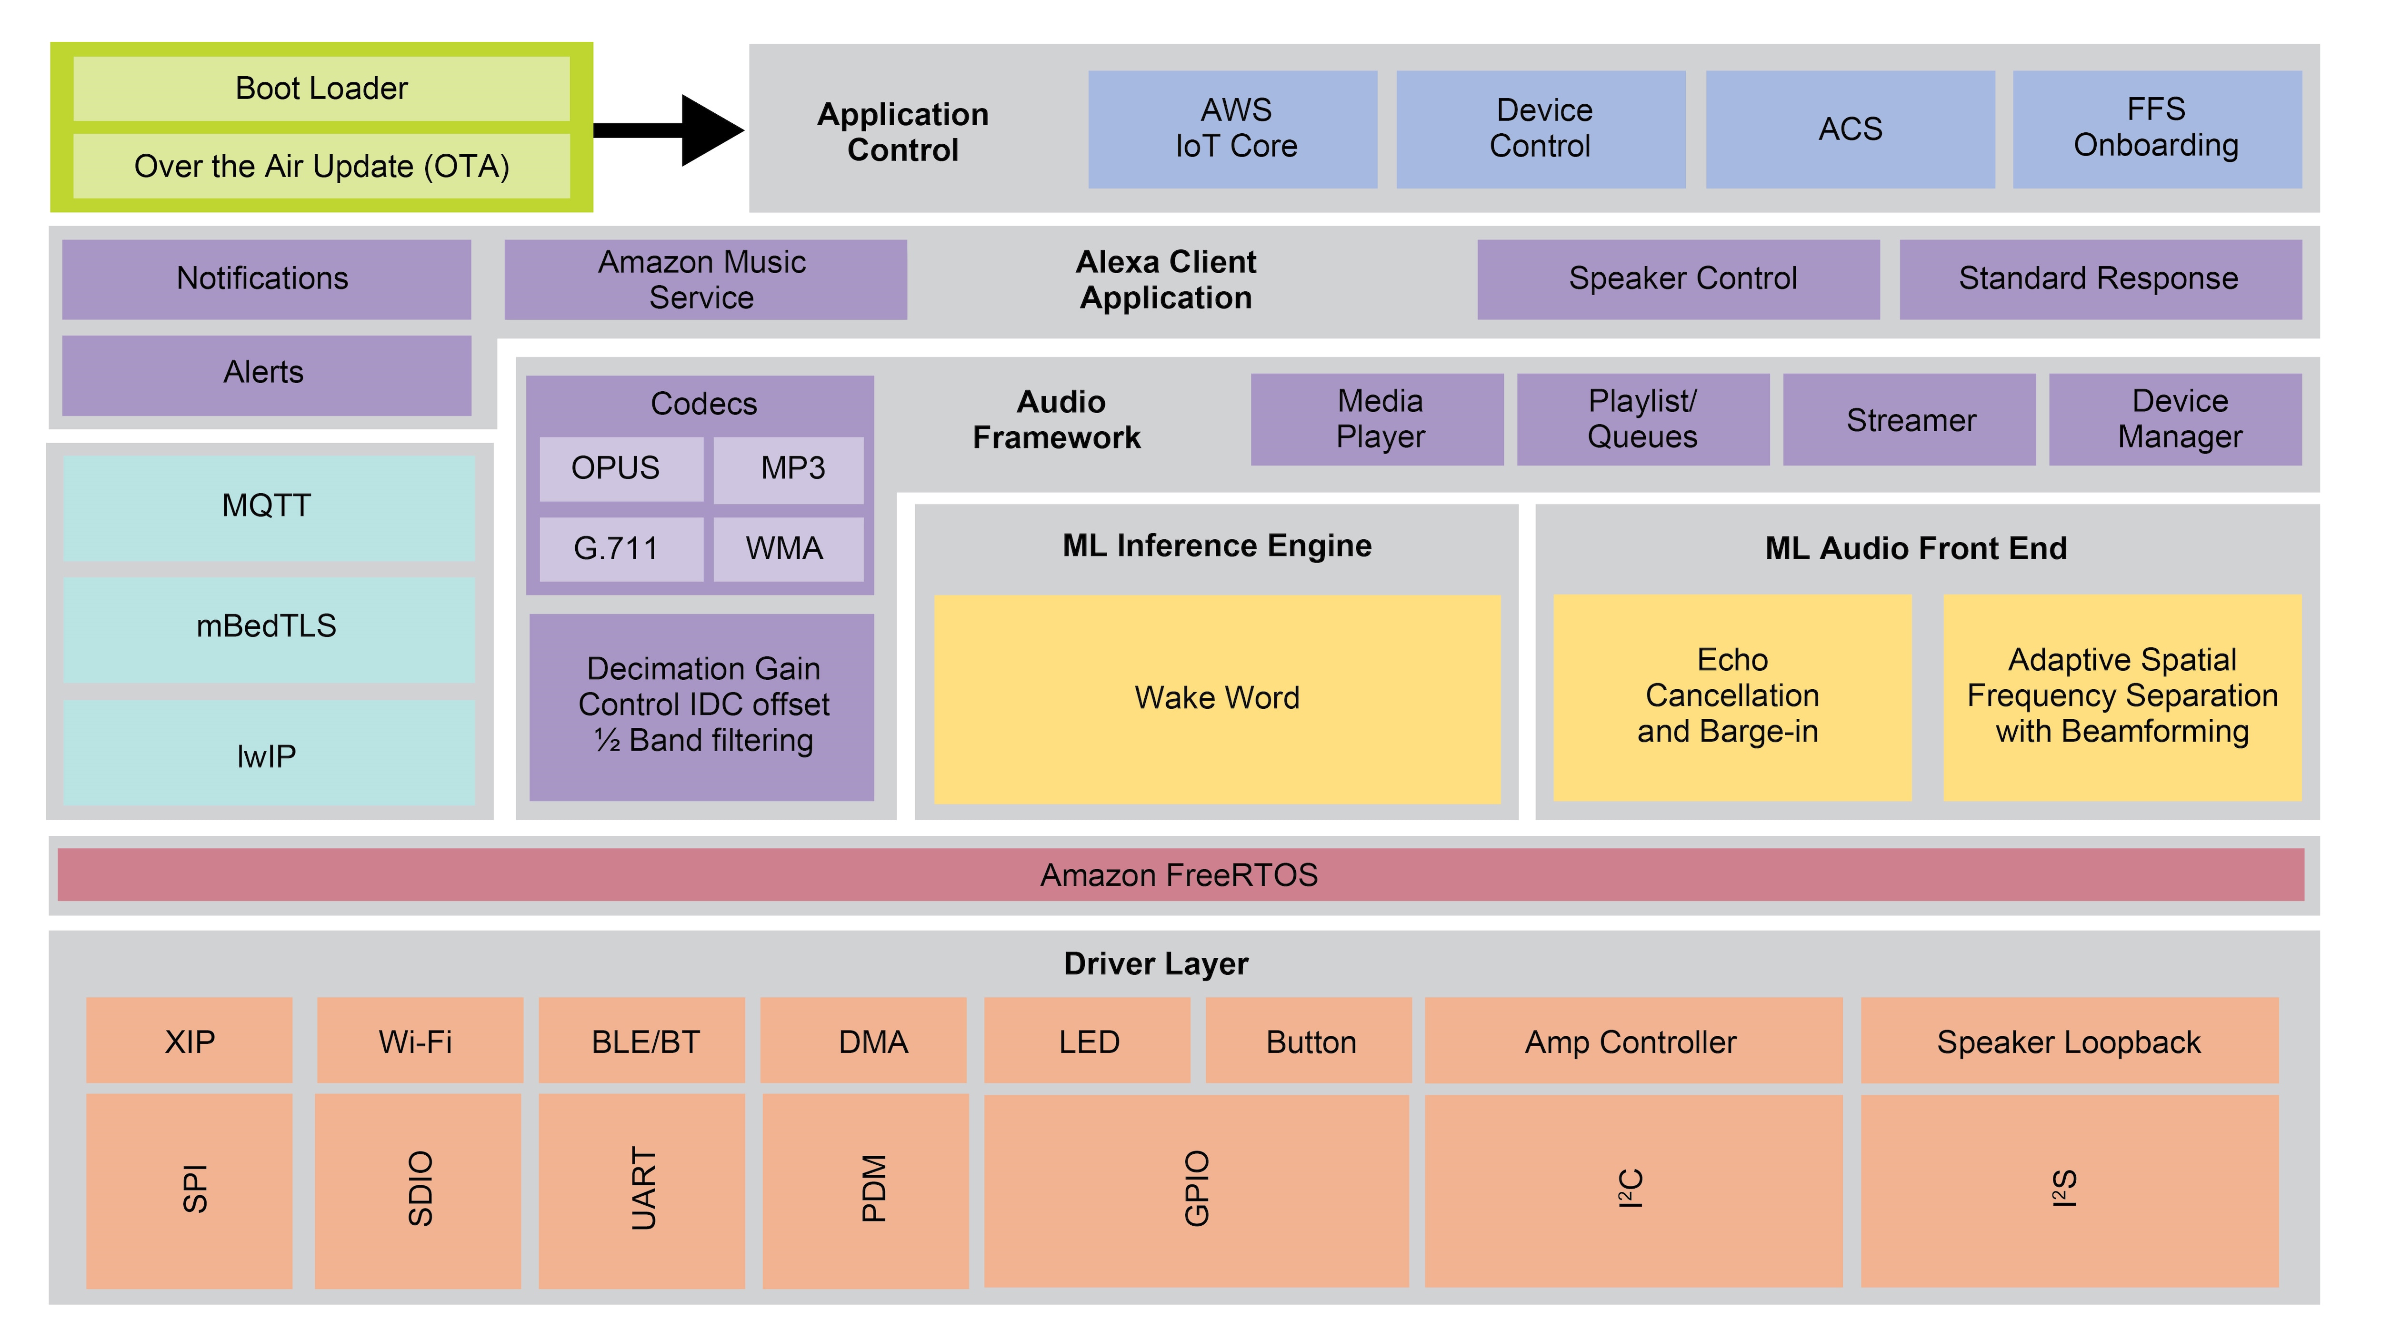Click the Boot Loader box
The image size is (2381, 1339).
[321, 89]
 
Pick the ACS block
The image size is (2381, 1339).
[1850, 129]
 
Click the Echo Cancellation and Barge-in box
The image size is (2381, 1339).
[1731, 697]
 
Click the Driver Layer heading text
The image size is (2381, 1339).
[1155, 964]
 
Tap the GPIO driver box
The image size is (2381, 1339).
[1196, 1190]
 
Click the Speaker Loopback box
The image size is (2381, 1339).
[2069, 1041]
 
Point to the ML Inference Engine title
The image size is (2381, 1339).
[1216, 546]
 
